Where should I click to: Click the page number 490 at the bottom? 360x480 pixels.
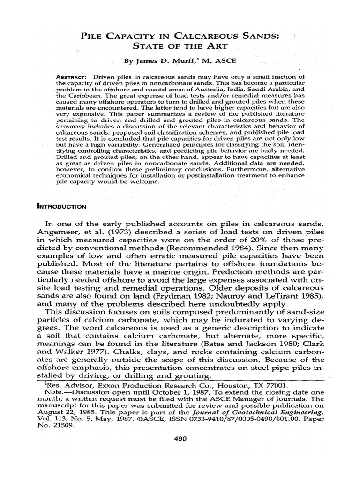click(180, 439)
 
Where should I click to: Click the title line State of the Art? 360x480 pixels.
click(180, 47)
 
